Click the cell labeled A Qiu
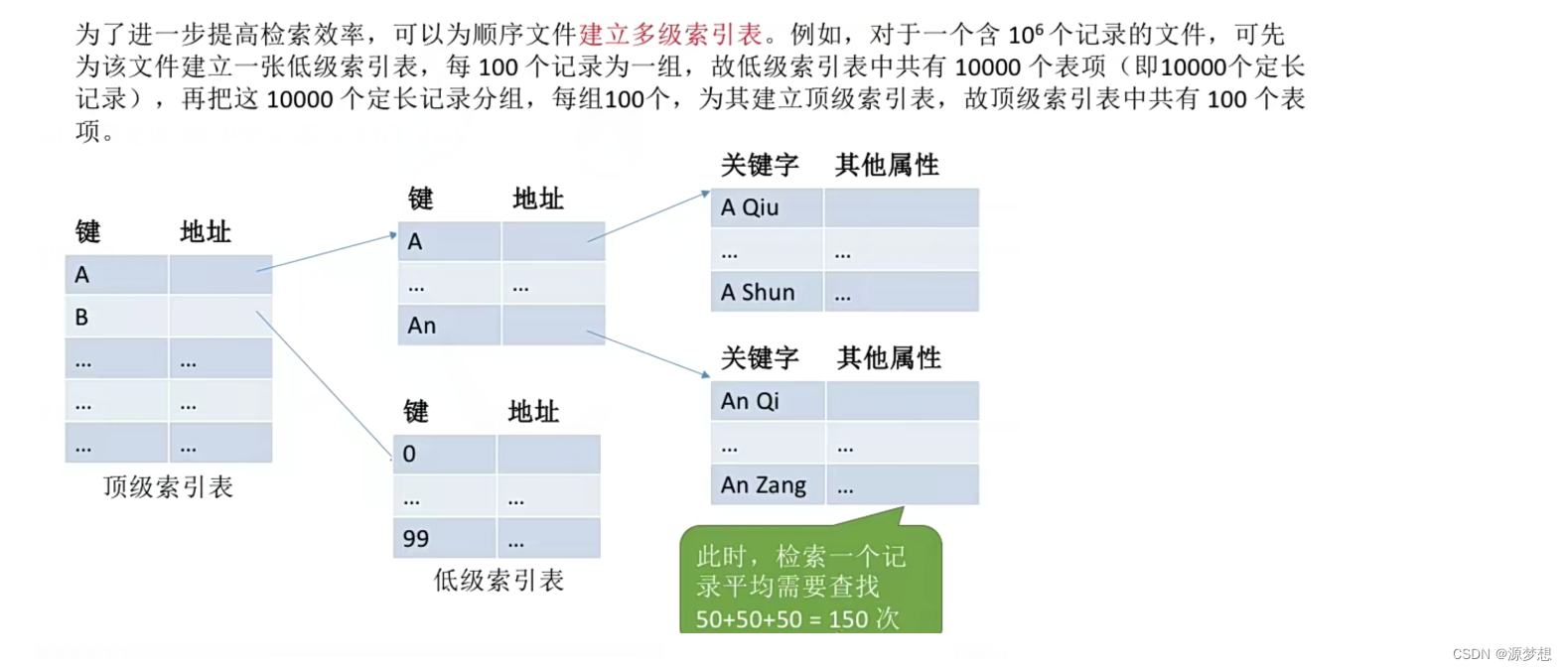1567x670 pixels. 766,207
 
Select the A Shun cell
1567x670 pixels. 766,292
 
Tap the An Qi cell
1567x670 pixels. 767,401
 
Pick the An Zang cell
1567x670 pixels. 767,485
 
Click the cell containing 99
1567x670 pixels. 444,538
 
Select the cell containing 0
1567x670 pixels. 444,454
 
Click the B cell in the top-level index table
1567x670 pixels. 116,317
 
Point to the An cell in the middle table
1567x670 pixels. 449,326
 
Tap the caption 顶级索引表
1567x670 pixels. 168,486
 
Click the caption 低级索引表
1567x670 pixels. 499,580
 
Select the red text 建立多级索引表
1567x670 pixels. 670,35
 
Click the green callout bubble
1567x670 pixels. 809,581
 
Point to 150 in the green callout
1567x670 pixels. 848,619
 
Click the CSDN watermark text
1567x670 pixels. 1500,654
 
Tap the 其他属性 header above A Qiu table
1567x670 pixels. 887,165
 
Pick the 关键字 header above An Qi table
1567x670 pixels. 760,357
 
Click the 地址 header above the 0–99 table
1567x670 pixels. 533,411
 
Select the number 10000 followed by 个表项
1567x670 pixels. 987,67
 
